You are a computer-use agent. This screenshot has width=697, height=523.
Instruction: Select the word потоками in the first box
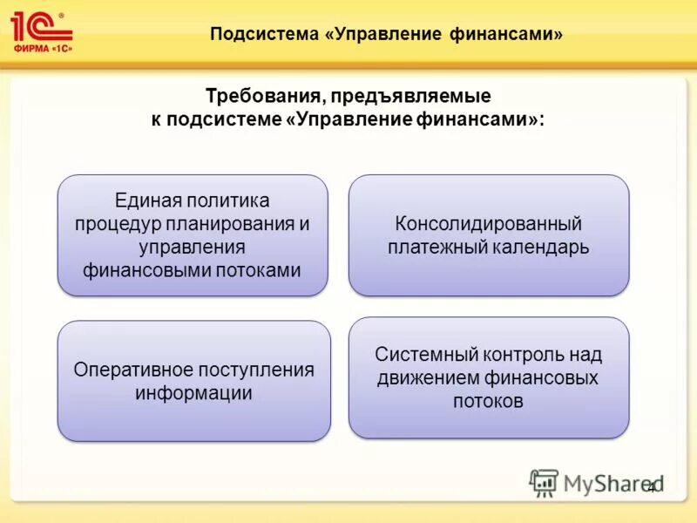coord(258,269)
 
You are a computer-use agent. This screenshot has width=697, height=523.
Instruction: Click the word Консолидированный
coord(488,224)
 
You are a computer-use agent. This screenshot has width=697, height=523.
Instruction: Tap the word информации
coord(193,392)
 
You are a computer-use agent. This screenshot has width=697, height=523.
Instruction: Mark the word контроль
coord(524,355)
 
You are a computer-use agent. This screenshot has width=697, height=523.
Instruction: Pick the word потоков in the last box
coord(488,401)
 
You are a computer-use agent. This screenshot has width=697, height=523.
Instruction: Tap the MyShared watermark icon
coord(545,482)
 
